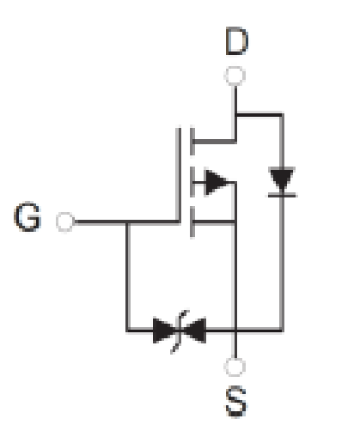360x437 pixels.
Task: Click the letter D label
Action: [x=236, y=41]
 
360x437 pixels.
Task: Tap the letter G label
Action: [x=27, y=216]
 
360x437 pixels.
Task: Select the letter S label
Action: [x=235, y=402]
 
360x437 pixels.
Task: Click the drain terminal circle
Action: [x=235, y=76]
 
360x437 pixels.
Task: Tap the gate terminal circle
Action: [x=65, y=222]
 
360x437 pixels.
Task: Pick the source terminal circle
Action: [x=235, y=367]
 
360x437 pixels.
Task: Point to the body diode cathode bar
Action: [x=282, y=195]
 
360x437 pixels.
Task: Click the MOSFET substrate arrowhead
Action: [x=217, y=182]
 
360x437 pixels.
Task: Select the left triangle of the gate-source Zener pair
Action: [x=164, y=331]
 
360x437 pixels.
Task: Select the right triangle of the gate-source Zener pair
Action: [x=195, y=331]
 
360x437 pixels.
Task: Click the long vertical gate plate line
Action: [x=179, y=174]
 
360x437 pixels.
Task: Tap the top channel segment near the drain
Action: [x=192, y=141]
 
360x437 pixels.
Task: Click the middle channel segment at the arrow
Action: [x=192, y=182]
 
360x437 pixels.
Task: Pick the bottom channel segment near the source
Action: [x=192, y=222]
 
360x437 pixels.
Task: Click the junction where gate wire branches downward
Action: [x=128, y=222]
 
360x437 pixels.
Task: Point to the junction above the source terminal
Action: [x=235, y=331]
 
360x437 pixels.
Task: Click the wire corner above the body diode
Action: [x=282, y=115]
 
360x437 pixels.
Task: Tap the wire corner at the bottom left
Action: [x=128, y=331]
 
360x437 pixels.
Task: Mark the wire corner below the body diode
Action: [x=282, y=331]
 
